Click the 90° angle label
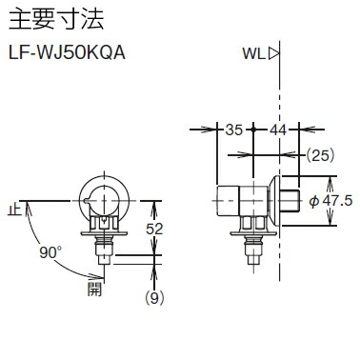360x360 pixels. point(50,254)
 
